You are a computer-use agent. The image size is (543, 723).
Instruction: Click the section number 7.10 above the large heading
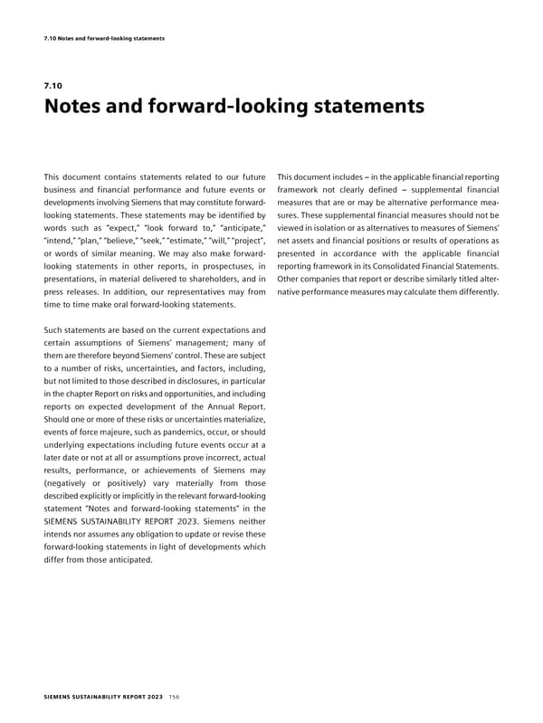tap(52, 87)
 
